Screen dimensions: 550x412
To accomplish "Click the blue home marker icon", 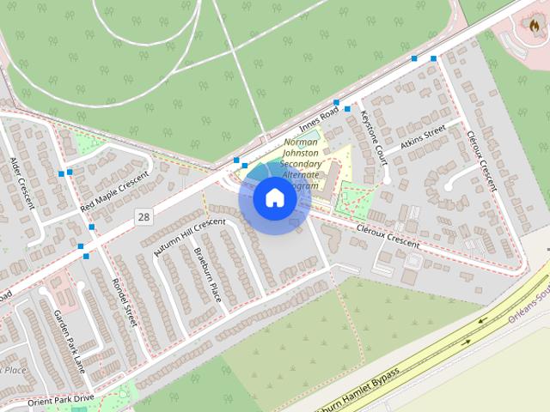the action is (275, 198).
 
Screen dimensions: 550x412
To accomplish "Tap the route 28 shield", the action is (143, 217).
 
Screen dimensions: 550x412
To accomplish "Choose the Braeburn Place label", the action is (208, 274).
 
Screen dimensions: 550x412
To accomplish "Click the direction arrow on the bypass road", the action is (467, 342).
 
